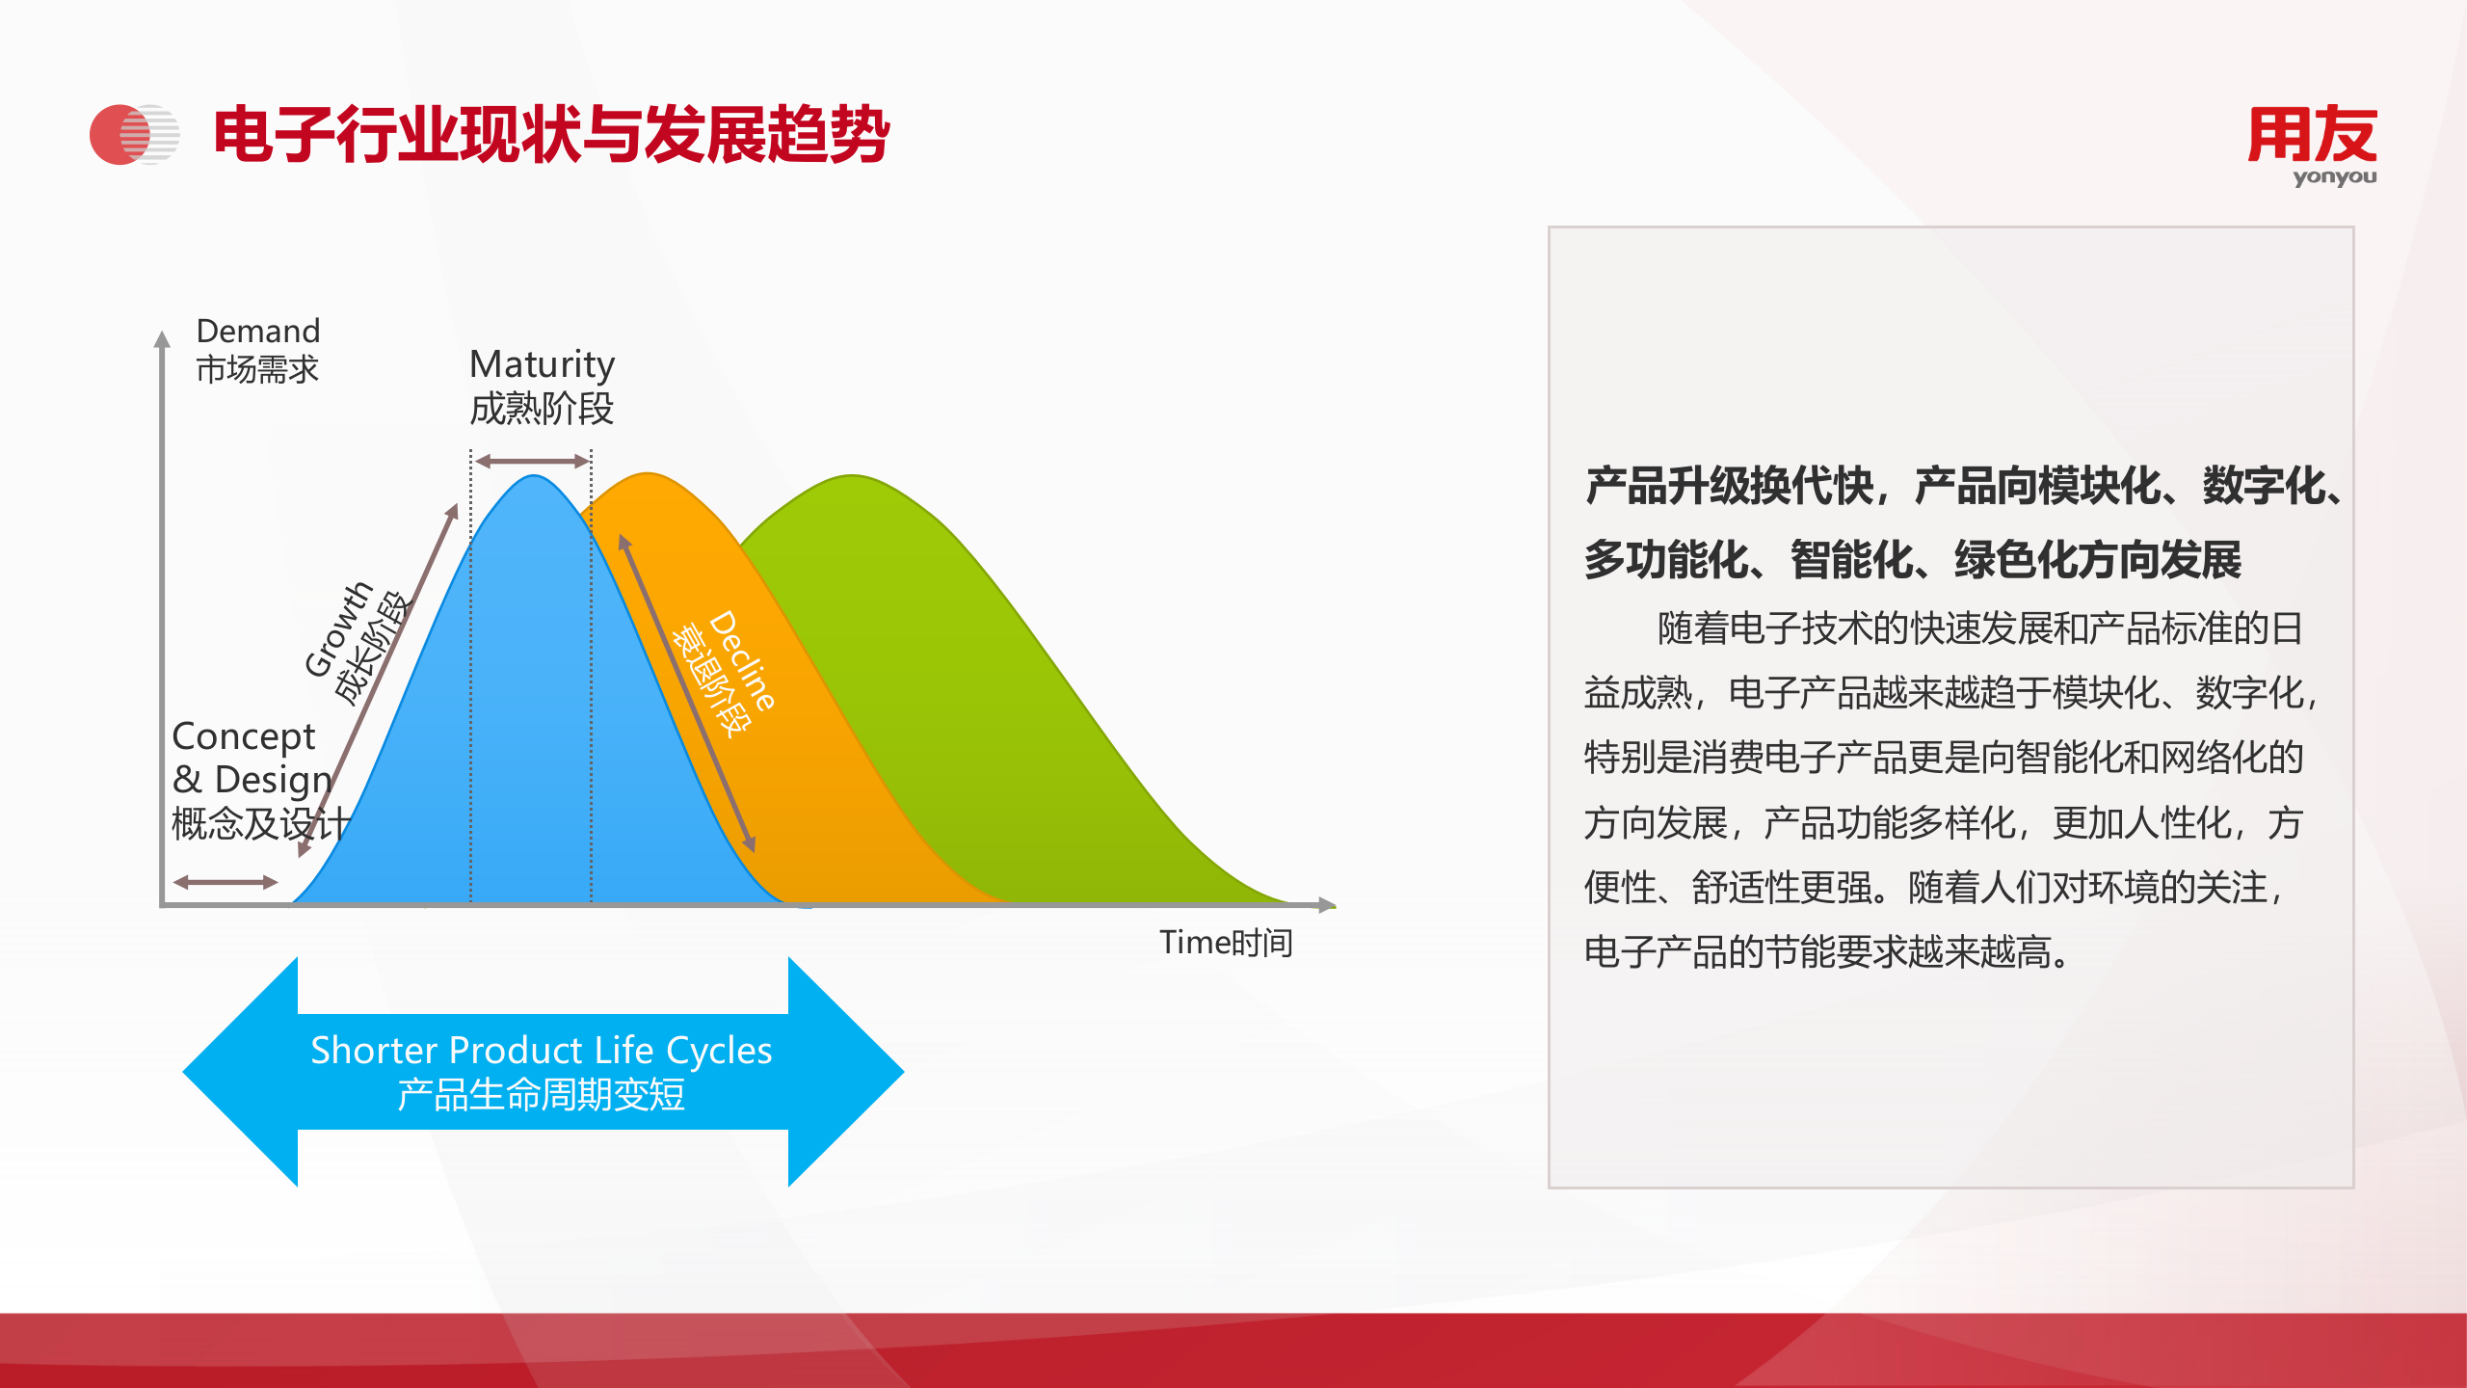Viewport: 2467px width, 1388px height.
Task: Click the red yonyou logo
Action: (x=2312, y=145)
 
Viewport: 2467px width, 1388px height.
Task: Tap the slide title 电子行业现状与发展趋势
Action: (x=551, y=134)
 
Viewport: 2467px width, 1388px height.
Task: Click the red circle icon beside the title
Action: (x=120, y=134)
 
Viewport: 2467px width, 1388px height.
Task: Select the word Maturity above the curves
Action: (x=542, y=365)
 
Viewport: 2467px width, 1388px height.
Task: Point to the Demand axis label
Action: (x=257, y=331)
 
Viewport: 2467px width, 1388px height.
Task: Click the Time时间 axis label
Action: (x=1226, y=942)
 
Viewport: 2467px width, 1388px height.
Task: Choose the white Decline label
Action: (x=741, y=661)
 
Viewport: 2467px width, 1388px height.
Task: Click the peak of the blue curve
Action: (x=533, y=475)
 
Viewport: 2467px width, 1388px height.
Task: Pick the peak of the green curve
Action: (x=852, y=475)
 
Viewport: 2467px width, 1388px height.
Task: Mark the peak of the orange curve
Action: (x=648, y=473)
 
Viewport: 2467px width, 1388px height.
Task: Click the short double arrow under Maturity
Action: (x=532, y=462)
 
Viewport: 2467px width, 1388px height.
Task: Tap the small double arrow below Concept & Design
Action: (x=225, y=881)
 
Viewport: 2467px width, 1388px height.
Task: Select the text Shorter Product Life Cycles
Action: (x=542, y=1050)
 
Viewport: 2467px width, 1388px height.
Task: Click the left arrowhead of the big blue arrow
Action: (x=240, y=1071)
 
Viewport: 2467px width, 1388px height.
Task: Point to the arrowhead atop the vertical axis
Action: (x=162, y=338)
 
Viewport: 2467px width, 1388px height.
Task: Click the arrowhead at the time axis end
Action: (x=1327, y=904)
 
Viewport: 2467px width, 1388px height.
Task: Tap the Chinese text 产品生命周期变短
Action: (x=542, y=1095)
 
